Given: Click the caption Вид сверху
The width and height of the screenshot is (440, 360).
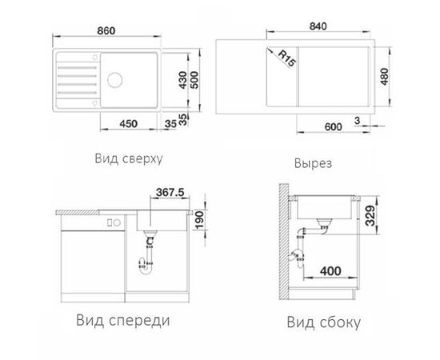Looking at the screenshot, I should point(128,158).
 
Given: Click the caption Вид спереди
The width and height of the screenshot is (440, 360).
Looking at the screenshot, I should point(124,321).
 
